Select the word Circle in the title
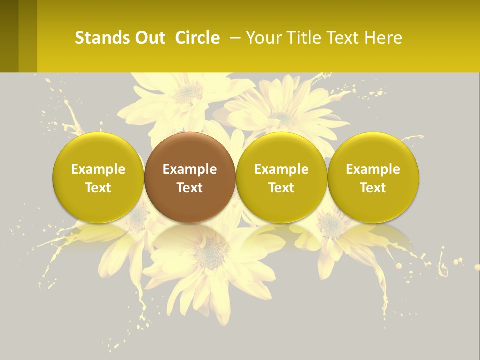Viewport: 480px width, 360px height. (197, 38)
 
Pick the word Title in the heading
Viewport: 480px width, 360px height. (305, 38)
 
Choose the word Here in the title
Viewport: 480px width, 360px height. (384, 38)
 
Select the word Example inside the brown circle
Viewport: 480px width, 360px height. (190, 169)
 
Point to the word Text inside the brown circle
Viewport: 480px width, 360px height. (190, 188)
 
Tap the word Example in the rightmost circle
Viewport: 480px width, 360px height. (373, 169)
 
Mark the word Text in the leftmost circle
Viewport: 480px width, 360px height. (98, 188)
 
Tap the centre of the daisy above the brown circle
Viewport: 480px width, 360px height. (188, 92)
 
